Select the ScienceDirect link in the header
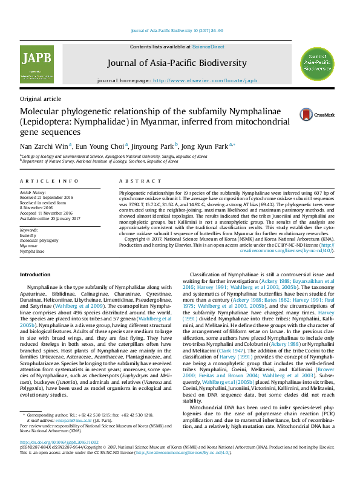coord(208,47)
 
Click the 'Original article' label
coord(41,99)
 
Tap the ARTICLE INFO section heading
coord(49,181)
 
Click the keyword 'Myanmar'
coord(28,246)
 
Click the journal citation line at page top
coord(177,31)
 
